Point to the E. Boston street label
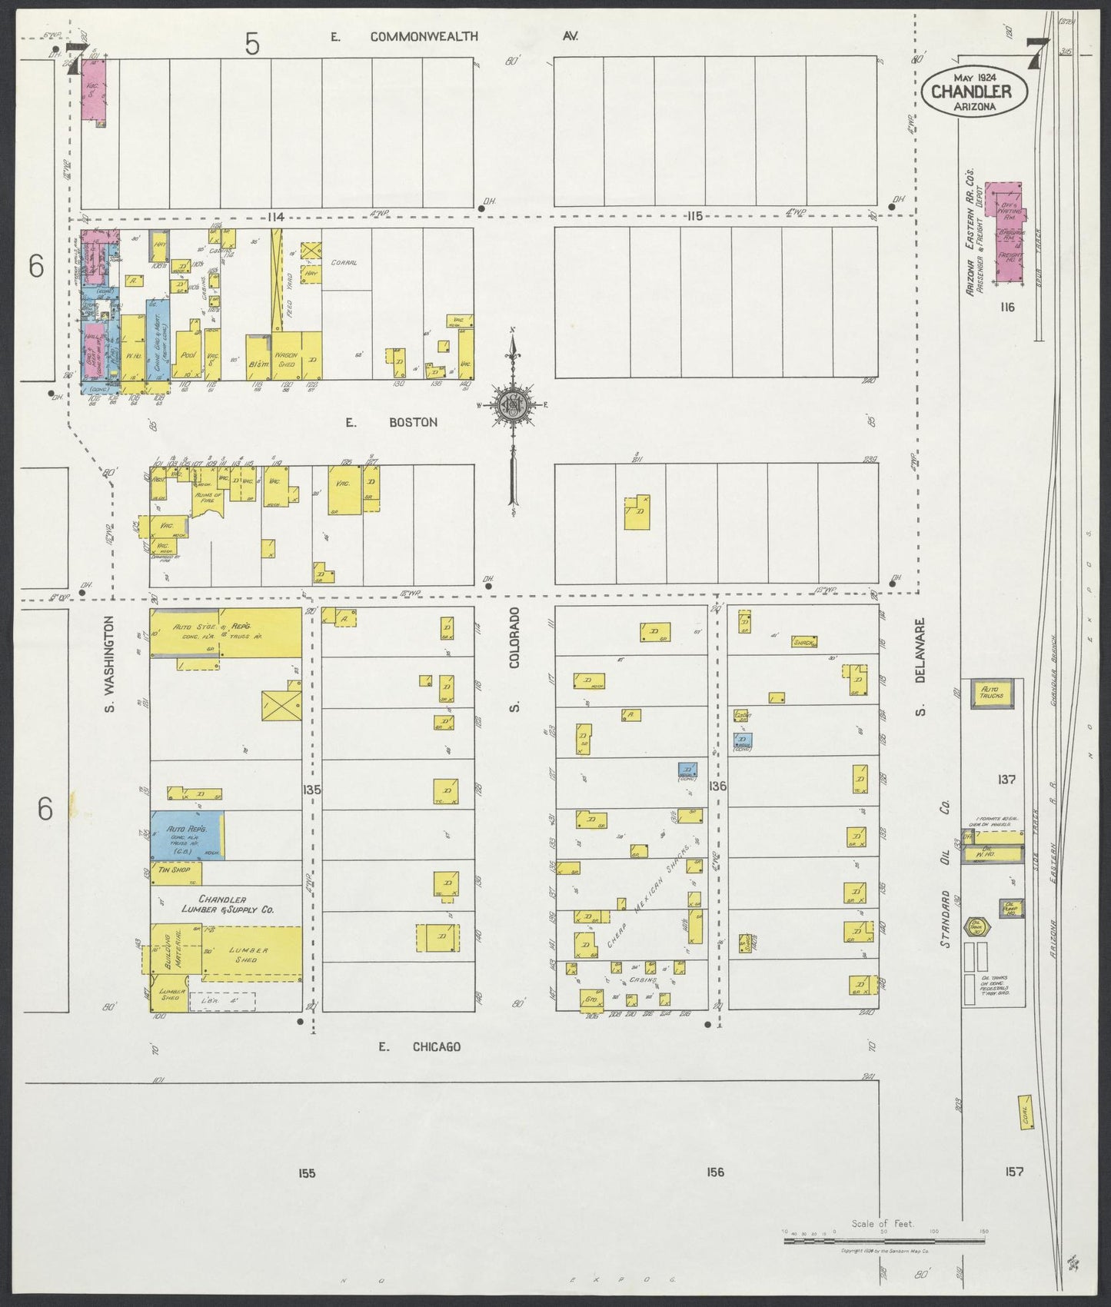coord(391,422)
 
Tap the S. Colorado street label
coord(515,659)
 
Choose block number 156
coord(715,1172)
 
